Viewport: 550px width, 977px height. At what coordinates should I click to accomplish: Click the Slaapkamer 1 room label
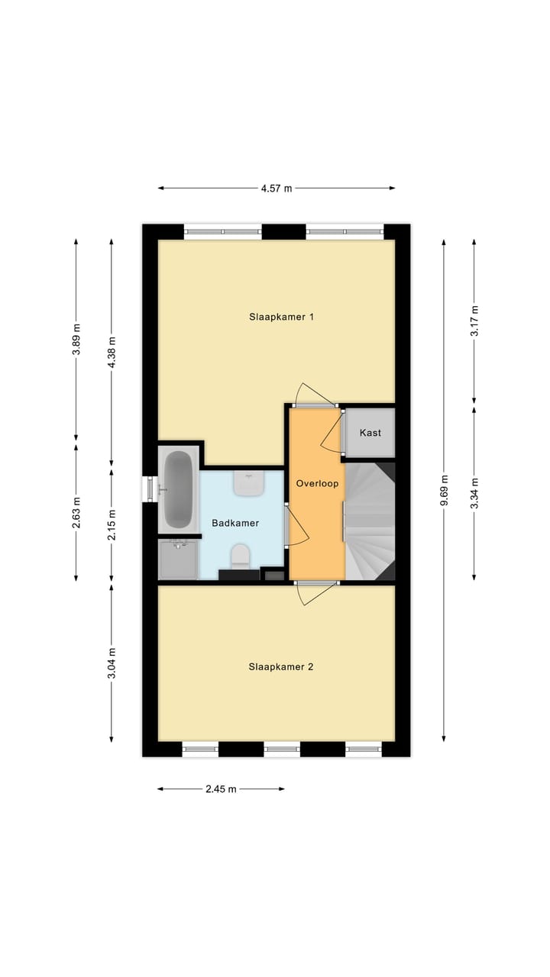point(281,317)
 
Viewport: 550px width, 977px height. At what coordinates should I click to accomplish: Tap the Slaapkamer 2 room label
point(281,666)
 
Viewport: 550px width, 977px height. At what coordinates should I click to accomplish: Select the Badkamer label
point(235,523)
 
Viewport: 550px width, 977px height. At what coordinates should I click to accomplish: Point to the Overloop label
point(317,483)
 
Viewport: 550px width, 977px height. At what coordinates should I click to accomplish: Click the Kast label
point(370,433)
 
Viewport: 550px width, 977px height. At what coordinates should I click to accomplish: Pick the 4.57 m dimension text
point(277,188)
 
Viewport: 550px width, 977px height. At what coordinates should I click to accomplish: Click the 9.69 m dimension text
point(444,489)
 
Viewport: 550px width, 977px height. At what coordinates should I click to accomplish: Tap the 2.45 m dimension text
point(221,789)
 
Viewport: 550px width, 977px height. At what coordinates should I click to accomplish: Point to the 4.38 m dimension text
point(112,352)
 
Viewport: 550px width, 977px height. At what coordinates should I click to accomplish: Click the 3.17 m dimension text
point(474,321)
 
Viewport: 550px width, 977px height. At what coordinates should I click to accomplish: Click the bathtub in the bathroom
point(178,489)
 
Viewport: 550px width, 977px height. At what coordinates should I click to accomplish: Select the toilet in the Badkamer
point(240,555)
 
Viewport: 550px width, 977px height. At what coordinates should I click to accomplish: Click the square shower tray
point(177,560)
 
